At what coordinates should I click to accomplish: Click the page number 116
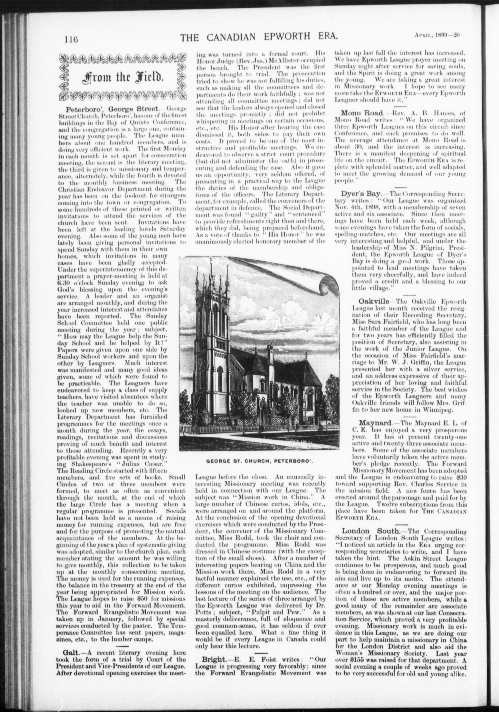pyautogui.click(x=71, y=39)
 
